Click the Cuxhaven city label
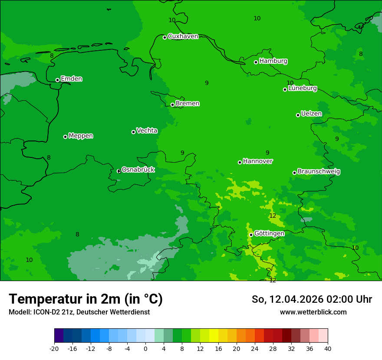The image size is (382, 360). point(183,36)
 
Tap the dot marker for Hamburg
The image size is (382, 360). point(256,62)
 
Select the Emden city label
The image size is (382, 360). point(71,79)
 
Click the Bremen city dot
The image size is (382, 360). point(172,105)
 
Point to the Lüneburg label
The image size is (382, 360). point(302,88)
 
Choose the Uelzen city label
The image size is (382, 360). point(311,114)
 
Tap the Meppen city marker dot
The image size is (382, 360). point(65,137)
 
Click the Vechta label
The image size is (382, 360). point(147,131)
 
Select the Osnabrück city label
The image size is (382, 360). point(138,170)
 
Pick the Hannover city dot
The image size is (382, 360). point(240,162)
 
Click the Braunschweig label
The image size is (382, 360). point(319,172)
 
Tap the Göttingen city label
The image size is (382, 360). point(269,234)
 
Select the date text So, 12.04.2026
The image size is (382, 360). point(290,299)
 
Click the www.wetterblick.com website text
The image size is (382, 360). point(313,312)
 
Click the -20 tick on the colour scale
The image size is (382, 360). point(54,348)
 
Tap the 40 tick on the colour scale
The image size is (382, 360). point(327,348)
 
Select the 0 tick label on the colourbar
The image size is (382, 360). point(145,348)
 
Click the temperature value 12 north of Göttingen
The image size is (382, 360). point(273,216)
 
